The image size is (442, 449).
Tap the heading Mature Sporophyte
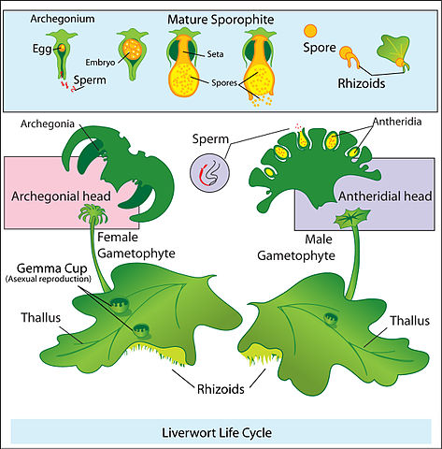pyautogui.click(x=221, y=19)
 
